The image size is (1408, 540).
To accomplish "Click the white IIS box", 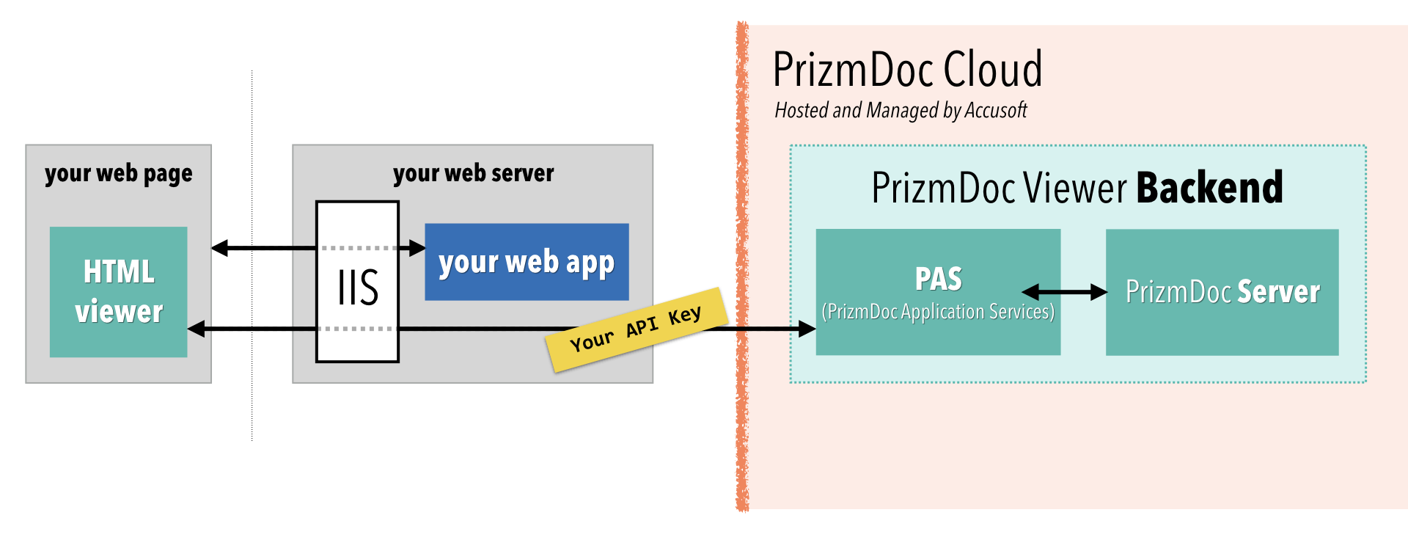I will [x=357, y=286].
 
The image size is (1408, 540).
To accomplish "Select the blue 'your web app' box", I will [x=527, y=262].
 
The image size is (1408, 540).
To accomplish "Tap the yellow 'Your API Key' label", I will [x=637, y=329].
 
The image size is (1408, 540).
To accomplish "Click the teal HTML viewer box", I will [x=118, y=291].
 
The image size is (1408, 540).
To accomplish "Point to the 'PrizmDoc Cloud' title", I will [x=907, y=70].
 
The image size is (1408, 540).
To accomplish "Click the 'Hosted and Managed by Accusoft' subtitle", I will [x=901, y=110].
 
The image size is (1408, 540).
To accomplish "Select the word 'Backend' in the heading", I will [x=1209, y=188].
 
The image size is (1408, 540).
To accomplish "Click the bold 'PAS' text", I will [x=938, y=279].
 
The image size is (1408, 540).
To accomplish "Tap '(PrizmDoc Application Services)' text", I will [x=938, y=312].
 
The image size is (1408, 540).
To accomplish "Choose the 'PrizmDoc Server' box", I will [x=1222, y=330].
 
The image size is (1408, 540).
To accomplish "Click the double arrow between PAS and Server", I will [x=1064, y=292].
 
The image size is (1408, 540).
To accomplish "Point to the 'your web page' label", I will [x=118, y=173].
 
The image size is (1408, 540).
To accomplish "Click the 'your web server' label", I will [x=473, y=173].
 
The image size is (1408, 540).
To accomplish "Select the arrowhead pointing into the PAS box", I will [x=807, y=329].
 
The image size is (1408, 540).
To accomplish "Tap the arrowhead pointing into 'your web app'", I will [x=417, y=248].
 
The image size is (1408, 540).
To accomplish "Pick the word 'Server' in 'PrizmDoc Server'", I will [x=1278, y=292].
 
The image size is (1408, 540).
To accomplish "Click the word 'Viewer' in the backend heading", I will [x=1074, y=188].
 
